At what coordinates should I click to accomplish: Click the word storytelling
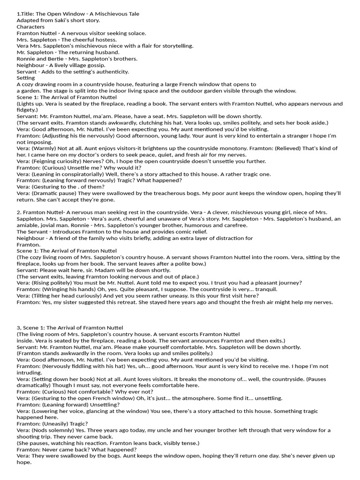[175, 46]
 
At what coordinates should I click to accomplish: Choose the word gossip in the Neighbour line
[95, 65]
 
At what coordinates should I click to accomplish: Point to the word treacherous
[167, 193]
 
